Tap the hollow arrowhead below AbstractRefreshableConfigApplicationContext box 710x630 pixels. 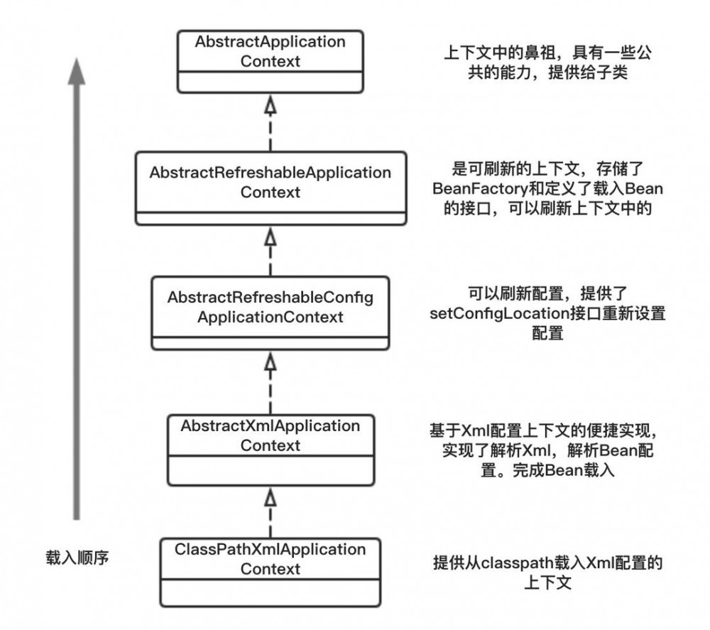pos(270,362)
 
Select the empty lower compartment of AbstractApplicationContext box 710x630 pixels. pos(270,82)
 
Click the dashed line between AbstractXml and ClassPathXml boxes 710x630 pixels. pos(270,522)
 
